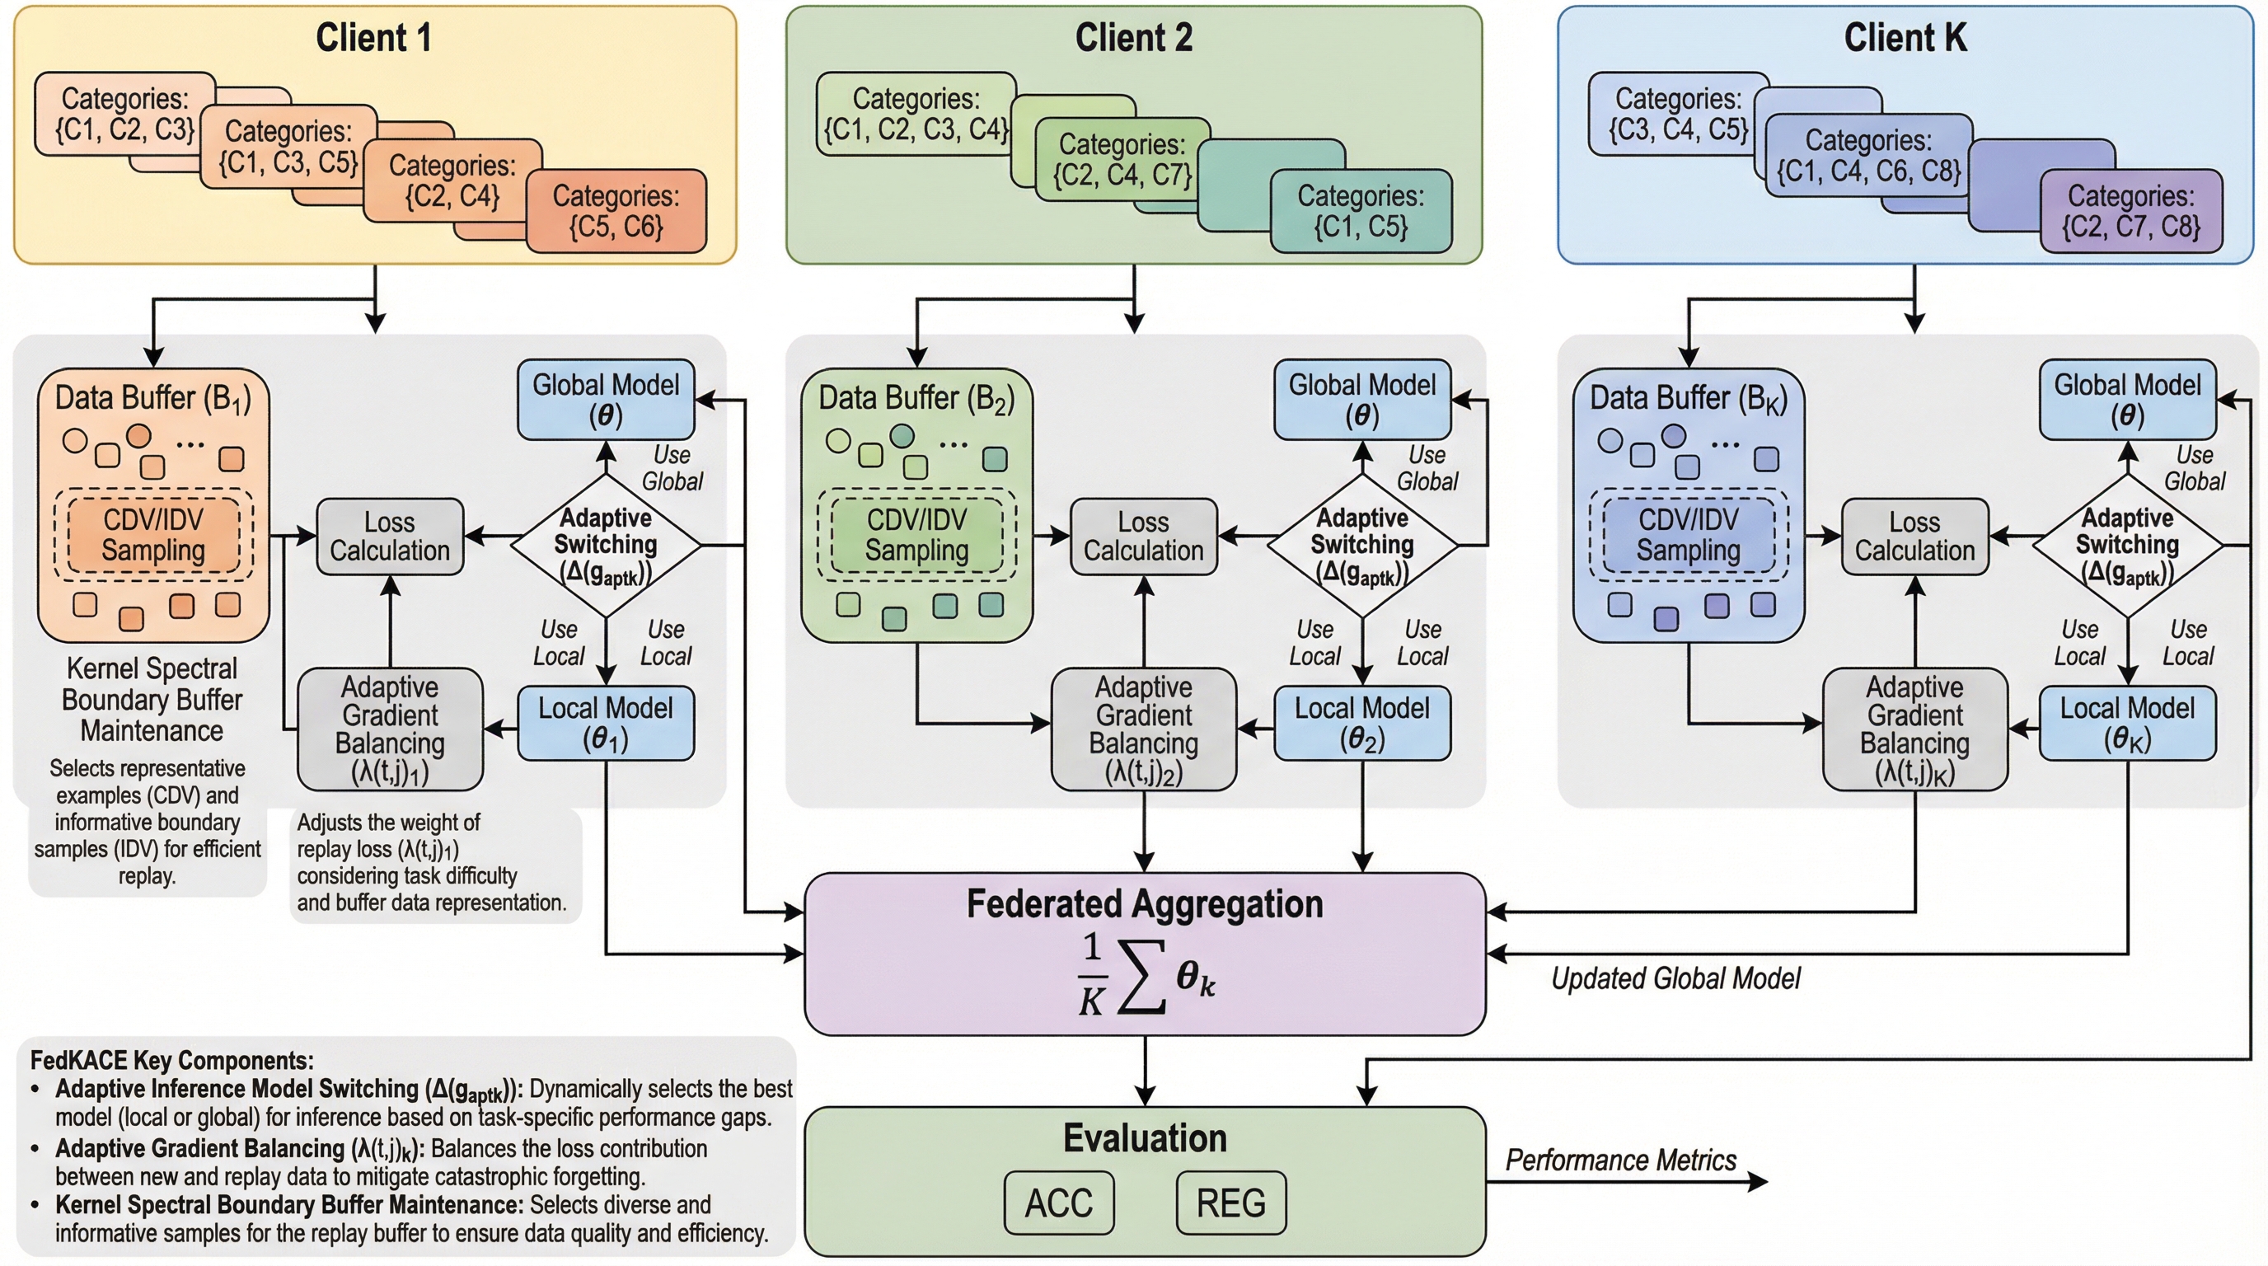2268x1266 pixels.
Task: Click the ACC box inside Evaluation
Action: coord(1058,1203)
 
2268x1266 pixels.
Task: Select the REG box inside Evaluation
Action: coord(1231,1203)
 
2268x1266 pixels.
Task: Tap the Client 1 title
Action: coord(373,38)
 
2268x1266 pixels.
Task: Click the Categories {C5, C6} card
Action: coord(616,211)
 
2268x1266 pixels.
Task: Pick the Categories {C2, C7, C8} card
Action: coord(2130,211)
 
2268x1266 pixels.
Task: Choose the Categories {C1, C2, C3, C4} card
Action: coord(916,115)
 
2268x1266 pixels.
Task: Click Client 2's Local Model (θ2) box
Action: coord(1362,724)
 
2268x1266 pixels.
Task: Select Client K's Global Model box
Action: coord(2127,399)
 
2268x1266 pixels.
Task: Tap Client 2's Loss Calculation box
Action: coord(1143,537)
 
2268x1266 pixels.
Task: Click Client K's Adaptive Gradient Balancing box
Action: coord(1915,729)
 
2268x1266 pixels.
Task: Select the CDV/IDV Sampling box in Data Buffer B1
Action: coord(153,535)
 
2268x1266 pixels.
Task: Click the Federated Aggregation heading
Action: coord(1145,904)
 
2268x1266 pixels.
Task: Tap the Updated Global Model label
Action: coord(1675,978)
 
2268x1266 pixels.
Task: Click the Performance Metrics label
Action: coord(1620,1160)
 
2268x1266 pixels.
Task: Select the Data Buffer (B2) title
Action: coord(916,398)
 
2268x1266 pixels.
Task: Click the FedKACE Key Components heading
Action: coord(171,1060)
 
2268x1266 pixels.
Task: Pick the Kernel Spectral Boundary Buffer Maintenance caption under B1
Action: coord(152,699)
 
